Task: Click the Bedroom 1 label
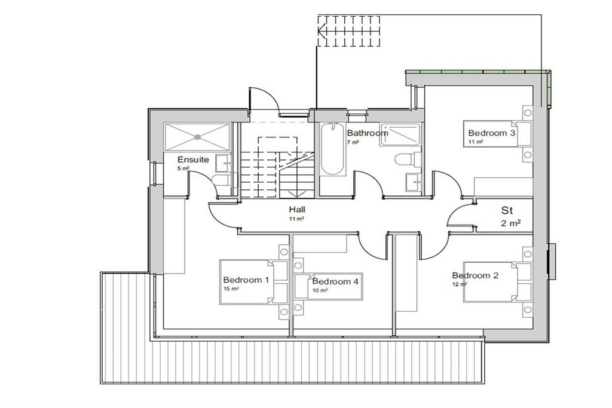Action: point(246,280)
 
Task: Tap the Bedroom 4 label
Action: point(335,281)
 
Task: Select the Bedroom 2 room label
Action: point(475,275)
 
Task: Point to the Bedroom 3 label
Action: point(491,133)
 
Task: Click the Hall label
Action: point(297,210)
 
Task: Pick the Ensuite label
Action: point(193,159)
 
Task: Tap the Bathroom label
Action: point(368,133)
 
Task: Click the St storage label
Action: point(507,211)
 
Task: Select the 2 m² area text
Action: point(511,223)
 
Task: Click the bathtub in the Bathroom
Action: point(332,149)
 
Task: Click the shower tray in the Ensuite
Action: point(198,137)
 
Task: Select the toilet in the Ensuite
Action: point(222,180)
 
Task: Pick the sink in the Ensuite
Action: point(224,163)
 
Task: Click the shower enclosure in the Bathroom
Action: point(400,134)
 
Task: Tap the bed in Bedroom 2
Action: point(497,281)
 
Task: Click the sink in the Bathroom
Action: point(414,182)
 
